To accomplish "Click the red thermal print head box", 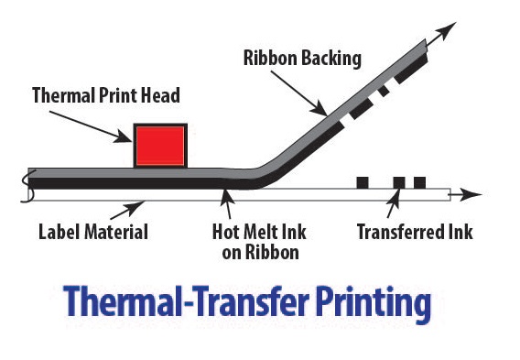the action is tap(160, 145).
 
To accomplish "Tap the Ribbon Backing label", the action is tap(302, 59).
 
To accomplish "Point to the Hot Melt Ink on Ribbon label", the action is tap(254, 240).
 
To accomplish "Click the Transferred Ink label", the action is tap(415, 232).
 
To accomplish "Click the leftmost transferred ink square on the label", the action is tap(363, 182).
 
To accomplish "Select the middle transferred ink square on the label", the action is tap(399, 182).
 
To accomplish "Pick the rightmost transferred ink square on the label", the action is tap(419, 182).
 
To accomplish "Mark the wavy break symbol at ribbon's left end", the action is tap(29, 186).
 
